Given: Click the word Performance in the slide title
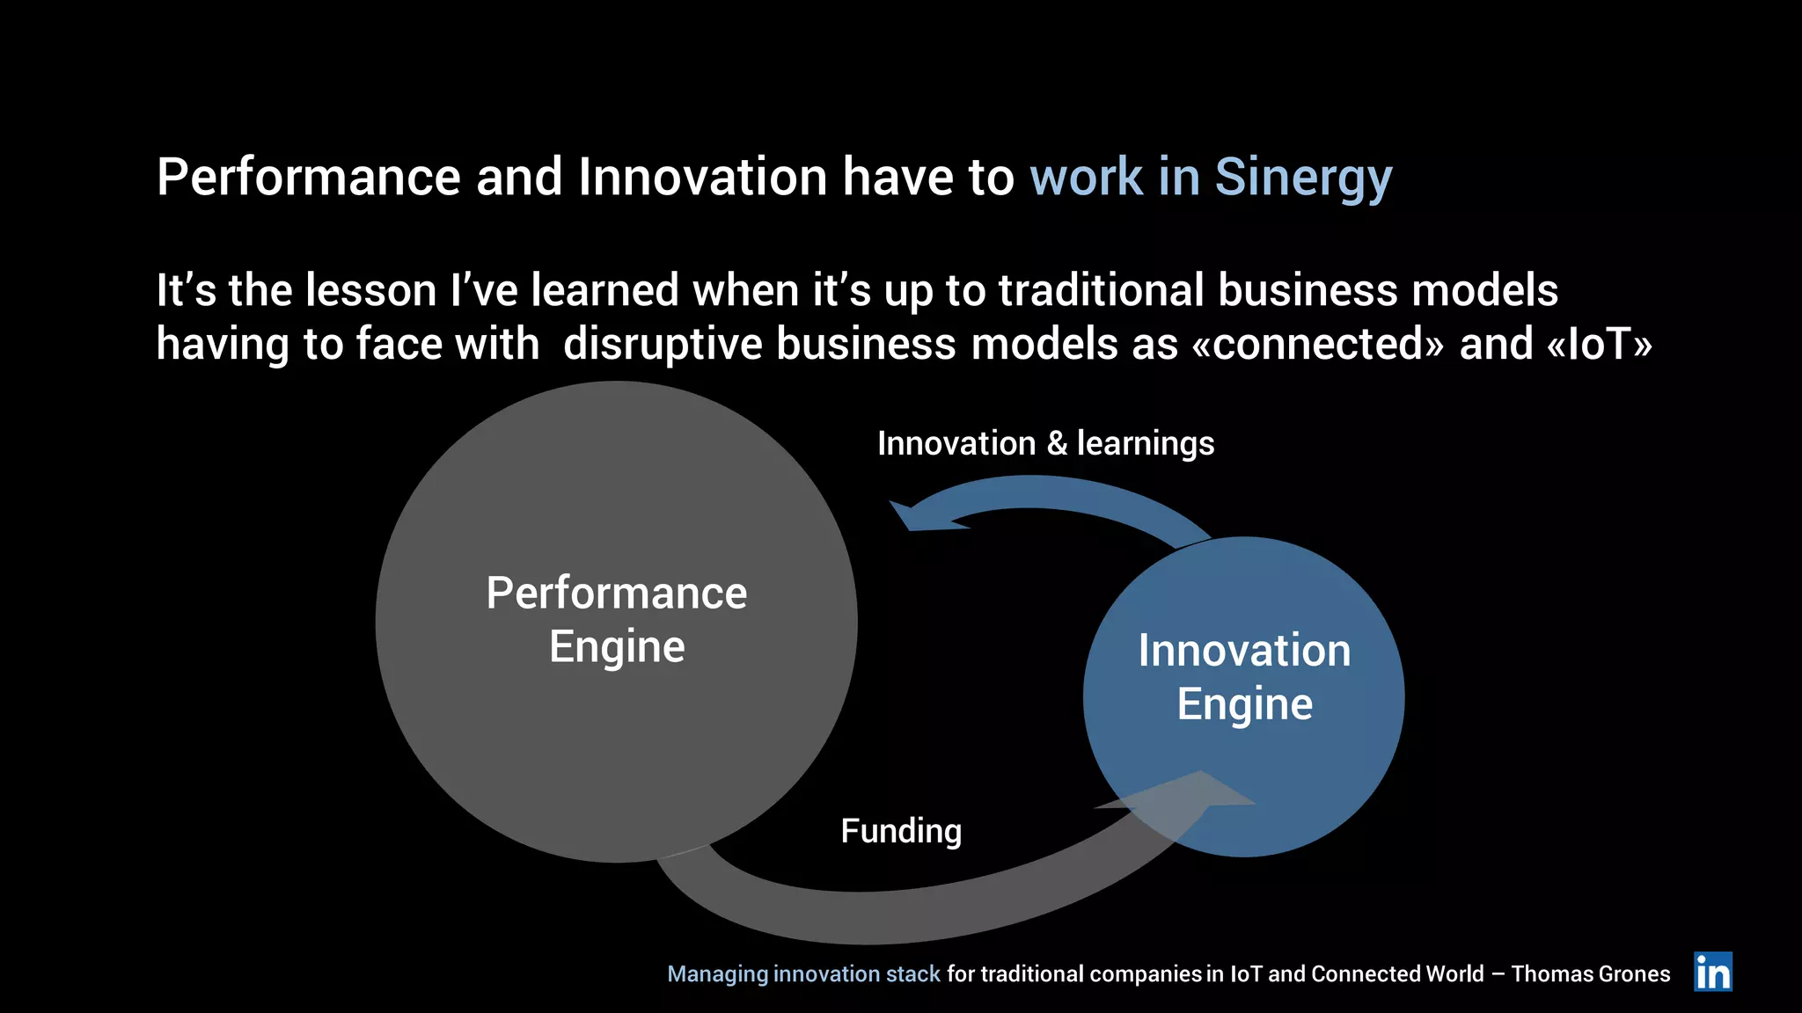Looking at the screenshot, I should click(x=308, y=178).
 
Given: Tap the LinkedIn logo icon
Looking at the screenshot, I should click(x=1712, y=972).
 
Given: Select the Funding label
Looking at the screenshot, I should click(x=901, y=831).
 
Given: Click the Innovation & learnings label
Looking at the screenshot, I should click(x=1045, y=443).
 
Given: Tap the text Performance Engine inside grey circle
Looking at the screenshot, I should click(x=616, y=620).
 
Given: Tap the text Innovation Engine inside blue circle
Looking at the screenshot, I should click(x=1244, y=677).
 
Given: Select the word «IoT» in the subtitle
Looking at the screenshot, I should click(x=1599, y=344).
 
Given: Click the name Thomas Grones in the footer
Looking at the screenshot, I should click(x=1591, y=974).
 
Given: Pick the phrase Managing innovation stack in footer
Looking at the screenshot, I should click(x=803, y=974).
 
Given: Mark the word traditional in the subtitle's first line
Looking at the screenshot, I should click(x=1101, y=290).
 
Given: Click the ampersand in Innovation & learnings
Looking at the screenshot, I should click(x=1056, y=444).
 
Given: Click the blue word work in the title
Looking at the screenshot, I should click(x=1086, y=178).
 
